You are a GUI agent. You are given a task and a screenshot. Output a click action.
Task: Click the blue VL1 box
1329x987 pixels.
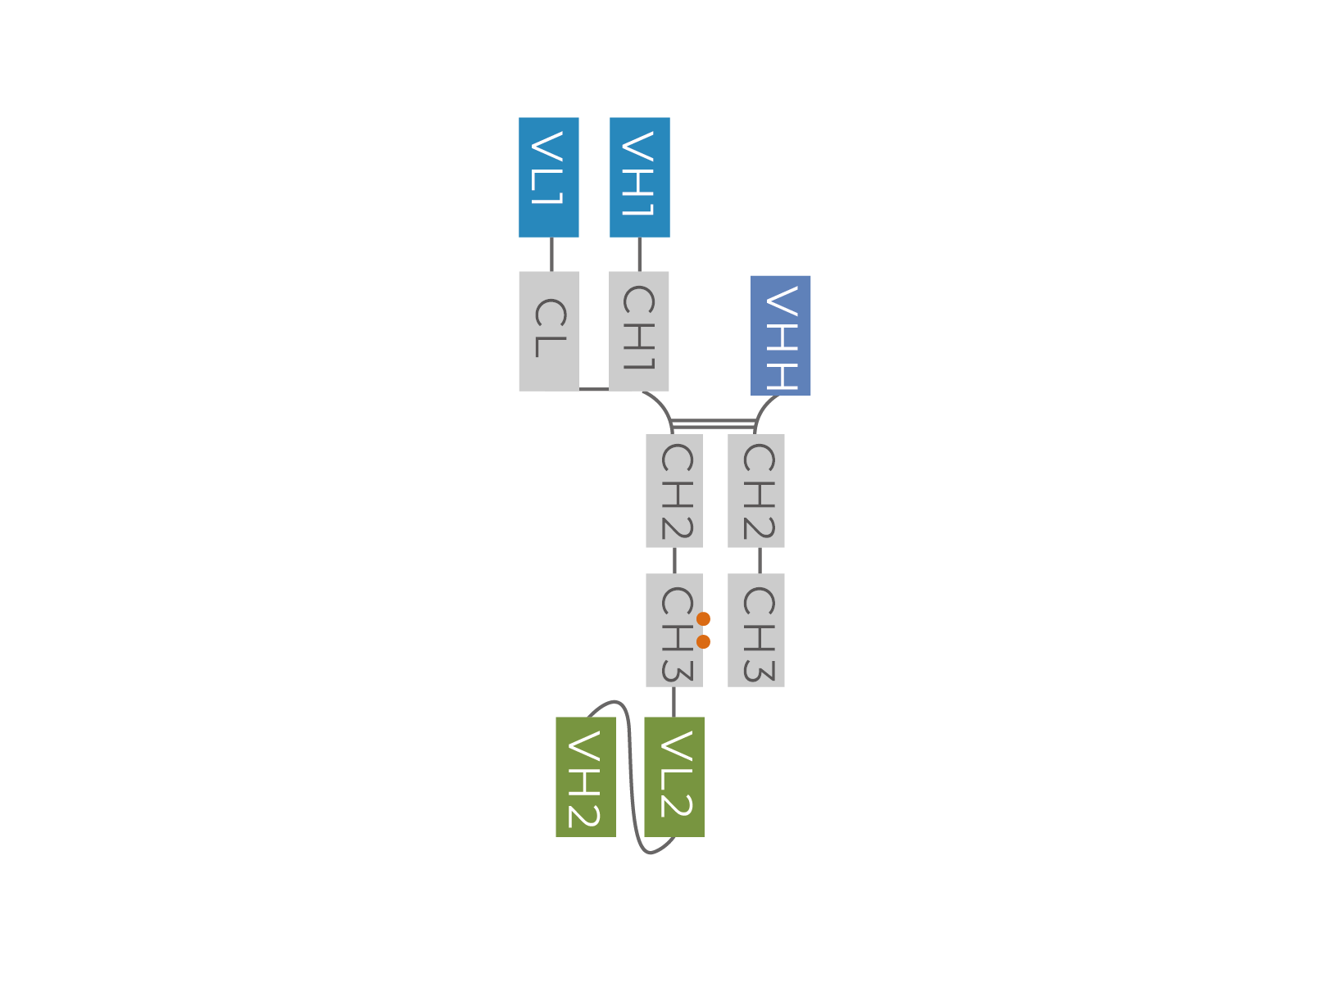[548, 178]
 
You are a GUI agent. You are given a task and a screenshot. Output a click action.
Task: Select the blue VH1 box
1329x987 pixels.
[639, 178]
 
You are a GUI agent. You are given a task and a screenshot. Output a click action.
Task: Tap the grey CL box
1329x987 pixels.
[549, 332]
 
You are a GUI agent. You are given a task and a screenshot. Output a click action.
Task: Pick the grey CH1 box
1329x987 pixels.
[639, 332]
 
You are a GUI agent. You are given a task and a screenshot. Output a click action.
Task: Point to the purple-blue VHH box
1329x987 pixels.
[780, 336]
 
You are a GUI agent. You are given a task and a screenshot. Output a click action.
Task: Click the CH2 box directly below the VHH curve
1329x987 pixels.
[755, 491]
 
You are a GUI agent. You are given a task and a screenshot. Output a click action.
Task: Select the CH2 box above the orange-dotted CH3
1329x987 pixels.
[674, 491]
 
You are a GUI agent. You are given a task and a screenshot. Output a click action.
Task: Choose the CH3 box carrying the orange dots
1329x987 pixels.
[674, 631]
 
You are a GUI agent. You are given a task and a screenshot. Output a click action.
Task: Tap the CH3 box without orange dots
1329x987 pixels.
[755, 631]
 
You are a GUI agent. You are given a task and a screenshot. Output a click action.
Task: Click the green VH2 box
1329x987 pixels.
[586, 776]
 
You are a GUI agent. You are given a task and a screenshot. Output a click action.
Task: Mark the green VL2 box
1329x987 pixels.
[674, 776]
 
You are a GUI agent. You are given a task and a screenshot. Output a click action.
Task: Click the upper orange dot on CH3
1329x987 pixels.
[704, 618]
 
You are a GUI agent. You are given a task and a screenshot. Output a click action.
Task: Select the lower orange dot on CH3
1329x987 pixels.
[704, 642]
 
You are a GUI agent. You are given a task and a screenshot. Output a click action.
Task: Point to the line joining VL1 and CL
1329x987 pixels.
[552, 255]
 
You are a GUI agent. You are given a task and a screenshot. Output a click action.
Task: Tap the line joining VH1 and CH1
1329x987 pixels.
[639, 255]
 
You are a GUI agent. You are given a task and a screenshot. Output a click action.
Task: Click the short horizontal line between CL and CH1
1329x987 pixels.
[594, 389]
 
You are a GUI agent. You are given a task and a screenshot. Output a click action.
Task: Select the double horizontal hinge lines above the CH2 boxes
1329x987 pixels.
[713, 424]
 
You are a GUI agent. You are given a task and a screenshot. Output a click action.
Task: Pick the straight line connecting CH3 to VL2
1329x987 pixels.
[674, 702]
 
